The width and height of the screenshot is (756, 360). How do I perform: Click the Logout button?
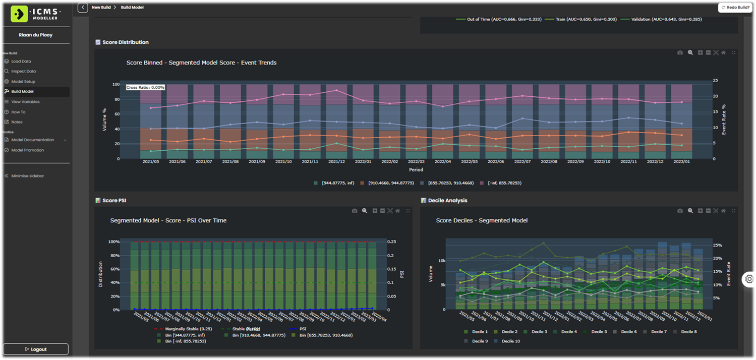pyautogui.click(x=35, y=349)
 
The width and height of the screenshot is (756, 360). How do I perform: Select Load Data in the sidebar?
pyautogui.click(x=21, y=61)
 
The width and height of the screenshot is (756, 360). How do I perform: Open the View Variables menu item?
pyautogui.click(x=25, y=102)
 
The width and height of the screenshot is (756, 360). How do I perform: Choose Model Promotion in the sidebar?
pyautogui.click(x=27, y=150)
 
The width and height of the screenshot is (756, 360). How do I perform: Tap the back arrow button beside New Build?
pyautogui.click(x=83, y=8)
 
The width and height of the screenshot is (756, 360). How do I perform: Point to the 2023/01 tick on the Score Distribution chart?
pyautogui.click(x=681, y=162)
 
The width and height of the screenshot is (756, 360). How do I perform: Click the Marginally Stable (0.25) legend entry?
pyautogui.click(x=185, y=329)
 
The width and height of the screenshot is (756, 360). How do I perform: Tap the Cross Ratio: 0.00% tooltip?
pyautogui.click(x=145, y=87)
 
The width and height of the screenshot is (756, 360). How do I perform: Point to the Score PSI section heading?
pyautogui.click(x=114, y=200)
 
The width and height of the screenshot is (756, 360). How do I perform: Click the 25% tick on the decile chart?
pyautogui.click(x=717, y=245)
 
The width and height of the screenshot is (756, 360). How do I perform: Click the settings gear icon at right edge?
pyautogui.click(x=749, y=279)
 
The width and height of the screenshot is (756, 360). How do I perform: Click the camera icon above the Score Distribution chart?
pyautogui.click(x=680, y=52)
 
